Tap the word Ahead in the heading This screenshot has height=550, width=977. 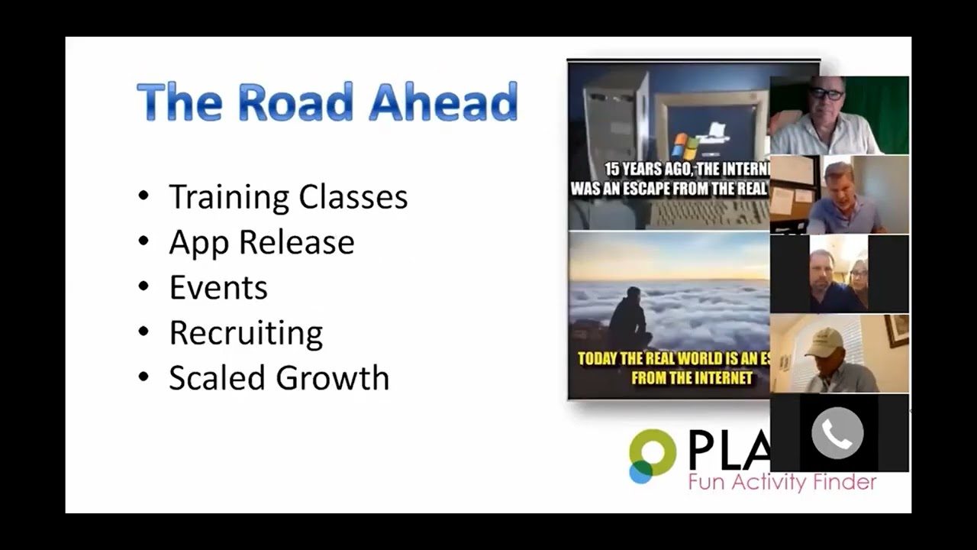coord(443,102)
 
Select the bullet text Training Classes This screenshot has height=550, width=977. coord(288,197)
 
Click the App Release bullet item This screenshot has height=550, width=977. coord(261,242)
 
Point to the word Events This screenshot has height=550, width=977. coord(218,288)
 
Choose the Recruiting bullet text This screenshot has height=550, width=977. coord(246,333)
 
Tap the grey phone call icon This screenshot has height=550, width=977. coord(837,433)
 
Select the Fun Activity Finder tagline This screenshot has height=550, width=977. coord(782,482)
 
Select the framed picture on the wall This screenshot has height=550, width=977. coord(897,330)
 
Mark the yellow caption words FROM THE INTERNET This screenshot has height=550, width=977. coord(692,377)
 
